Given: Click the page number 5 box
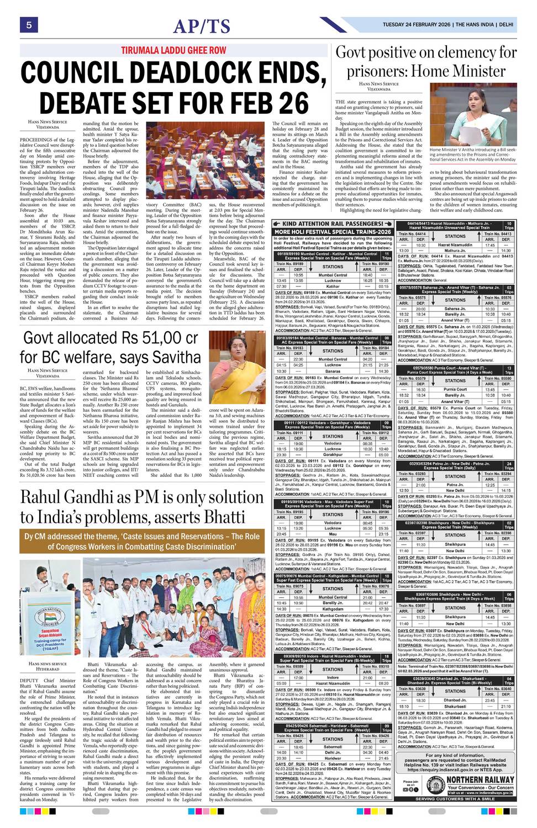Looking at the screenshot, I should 28,24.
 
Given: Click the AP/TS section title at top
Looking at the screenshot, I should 202,26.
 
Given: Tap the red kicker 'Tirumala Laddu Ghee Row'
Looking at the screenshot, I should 174,50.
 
